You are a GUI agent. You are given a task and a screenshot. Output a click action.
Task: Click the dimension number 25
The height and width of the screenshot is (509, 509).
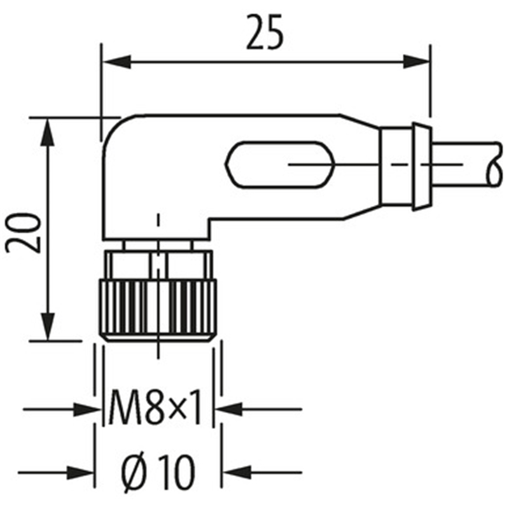265,32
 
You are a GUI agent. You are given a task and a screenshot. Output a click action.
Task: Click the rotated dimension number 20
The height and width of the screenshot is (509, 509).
24,232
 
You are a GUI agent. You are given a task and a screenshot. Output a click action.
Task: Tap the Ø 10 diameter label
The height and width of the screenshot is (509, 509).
158,471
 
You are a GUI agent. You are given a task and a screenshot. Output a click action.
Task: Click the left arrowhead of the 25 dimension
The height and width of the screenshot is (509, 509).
116,62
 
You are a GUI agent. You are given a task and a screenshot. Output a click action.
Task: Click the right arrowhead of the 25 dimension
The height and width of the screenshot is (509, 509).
417,62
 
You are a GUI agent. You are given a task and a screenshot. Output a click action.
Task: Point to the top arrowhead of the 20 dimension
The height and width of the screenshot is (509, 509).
48,132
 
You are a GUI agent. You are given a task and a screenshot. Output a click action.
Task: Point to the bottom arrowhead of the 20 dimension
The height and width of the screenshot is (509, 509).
48,326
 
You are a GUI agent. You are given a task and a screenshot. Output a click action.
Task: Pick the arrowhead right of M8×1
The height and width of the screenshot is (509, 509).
229,409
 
